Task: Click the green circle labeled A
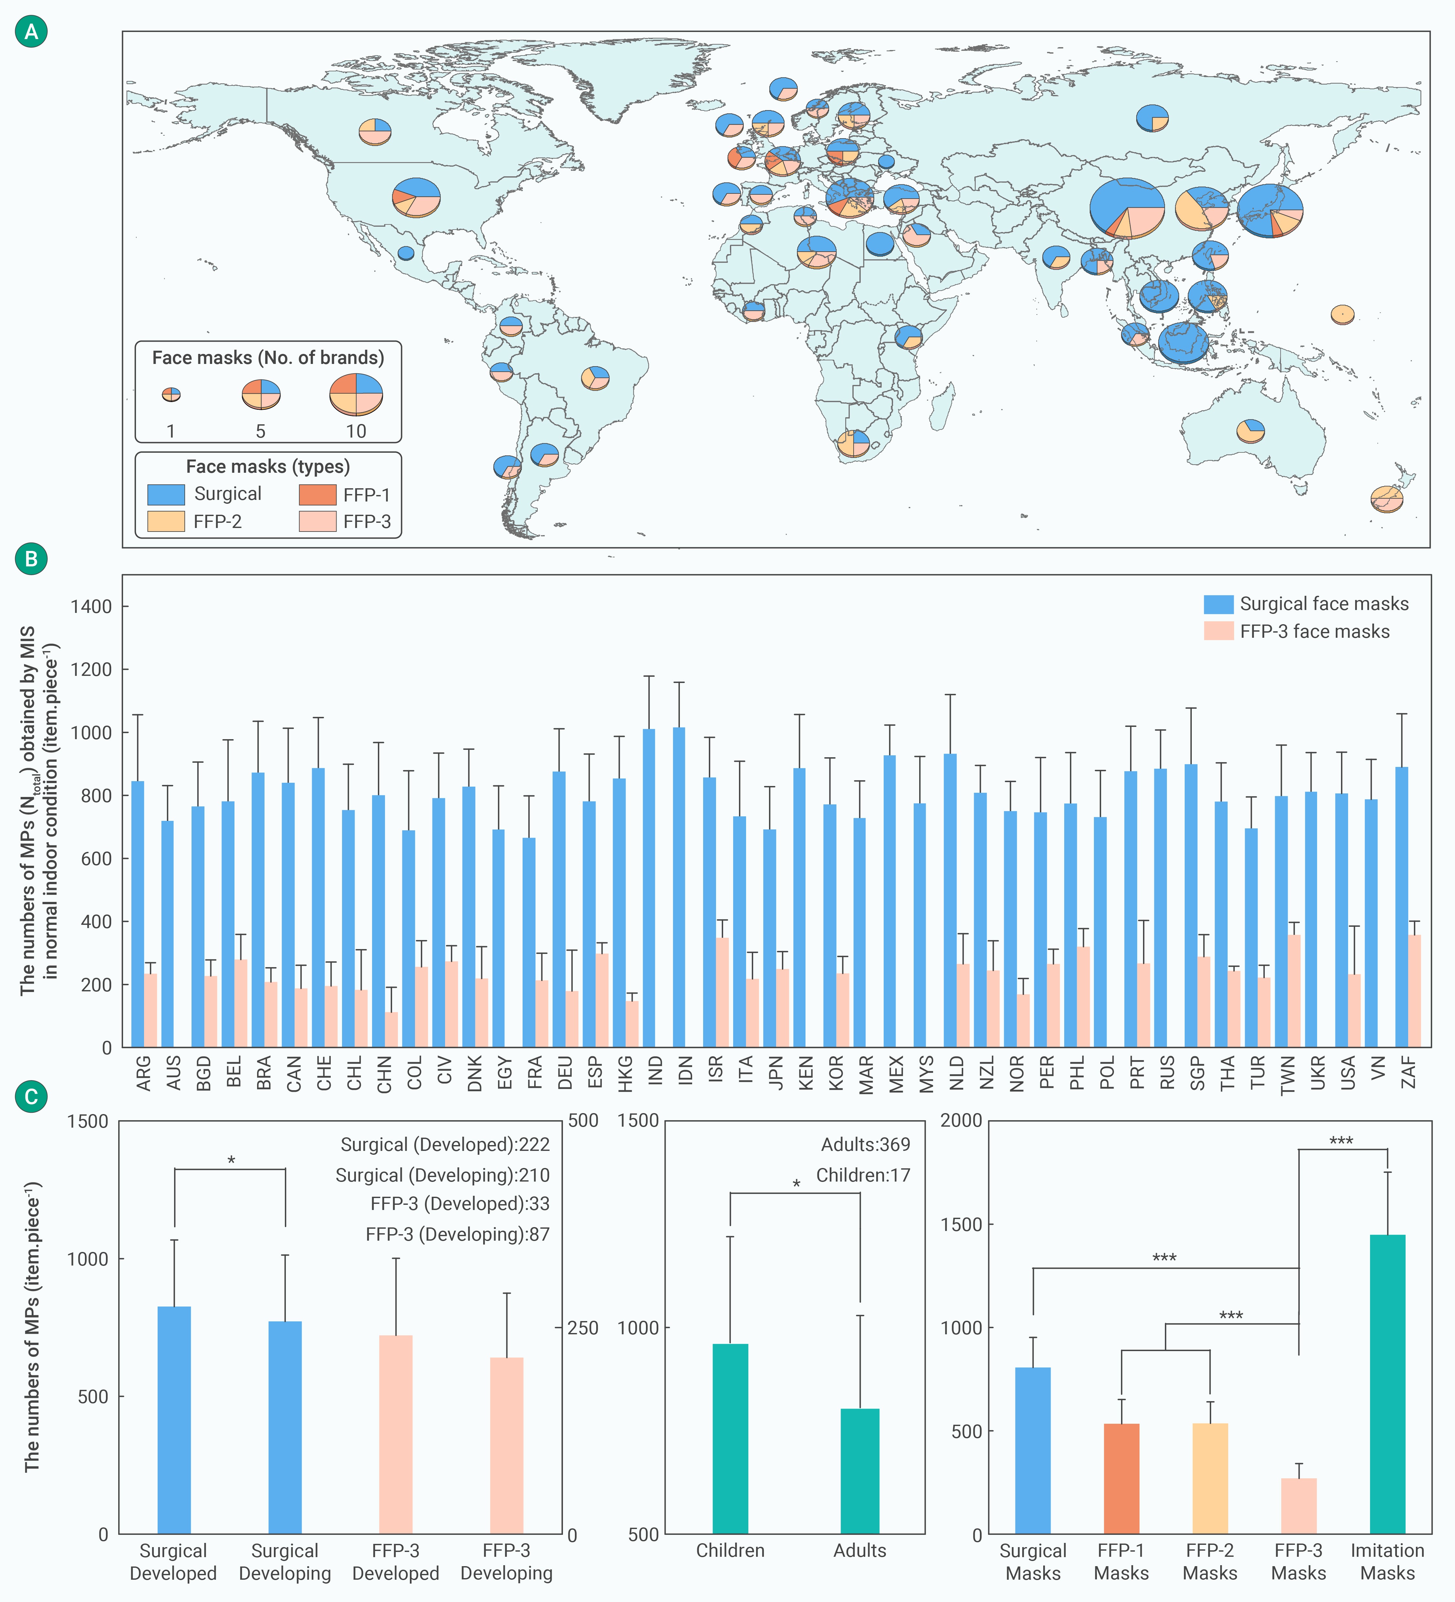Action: [x=31, y=32]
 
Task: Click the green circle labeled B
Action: [x=31, y=559]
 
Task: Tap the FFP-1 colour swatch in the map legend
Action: [x=317, y=494]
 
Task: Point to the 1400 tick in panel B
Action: [x=90, y=606]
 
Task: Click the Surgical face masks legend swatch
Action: [x=1218, y=604]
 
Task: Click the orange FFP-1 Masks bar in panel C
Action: [x=1121, y=1478]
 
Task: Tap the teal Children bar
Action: [x=730, y=1438]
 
